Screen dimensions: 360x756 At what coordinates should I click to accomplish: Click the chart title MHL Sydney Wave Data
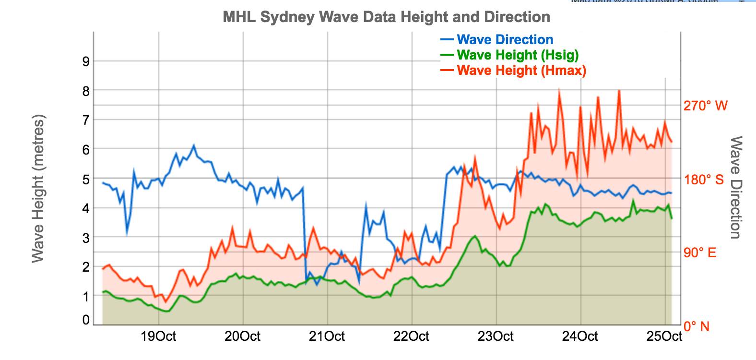click(x=386, y=17)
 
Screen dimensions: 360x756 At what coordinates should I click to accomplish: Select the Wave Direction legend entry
click(x=505, y=40)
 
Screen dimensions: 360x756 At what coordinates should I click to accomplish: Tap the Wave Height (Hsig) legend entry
click(x=518, y=55)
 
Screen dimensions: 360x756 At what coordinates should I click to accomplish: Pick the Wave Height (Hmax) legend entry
click(x=521, y=71)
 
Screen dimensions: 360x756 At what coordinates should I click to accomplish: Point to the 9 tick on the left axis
click(x=86, y=61)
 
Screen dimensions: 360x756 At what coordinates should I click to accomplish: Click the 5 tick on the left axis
click(x=86, y=180)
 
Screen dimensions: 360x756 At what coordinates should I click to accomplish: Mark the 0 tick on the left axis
click(x=86, y=320)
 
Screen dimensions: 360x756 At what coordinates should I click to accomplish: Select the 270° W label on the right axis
click(x=705, y=106)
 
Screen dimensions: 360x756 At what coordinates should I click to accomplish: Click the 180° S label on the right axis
click(x=703, y=180)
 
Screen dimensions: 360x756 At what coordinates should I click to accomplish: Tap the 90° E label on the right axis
click(x=700, y=253)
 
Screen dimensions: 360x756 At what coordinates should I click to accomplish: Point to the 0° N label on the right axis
click(x=697, y=327)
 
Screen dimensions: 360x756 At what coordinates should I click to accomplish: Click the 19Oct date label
click(x=158, y=336)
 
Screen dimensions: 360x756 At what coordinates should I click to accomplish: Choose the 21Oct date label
click(x=327, y=336)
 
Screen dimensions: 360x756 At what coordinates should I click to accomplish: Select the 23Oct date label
click(x=496, y=336)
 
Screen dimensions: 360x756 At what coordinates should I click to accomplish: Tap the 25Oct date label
click(x=664, y=336)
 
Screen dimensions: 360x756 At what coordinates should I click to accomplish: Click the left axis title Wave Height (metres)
click(x=38, y=189)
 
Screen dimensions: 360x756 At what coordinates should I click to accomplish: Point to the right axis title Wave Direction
click(x=736, y=187)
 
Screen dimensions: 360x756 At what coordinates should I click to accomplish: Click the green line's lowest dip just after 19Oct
click(x=166, y=312)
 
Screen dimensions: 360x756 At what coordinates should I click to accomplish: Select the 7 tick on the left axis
click(x=86, y=120)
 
